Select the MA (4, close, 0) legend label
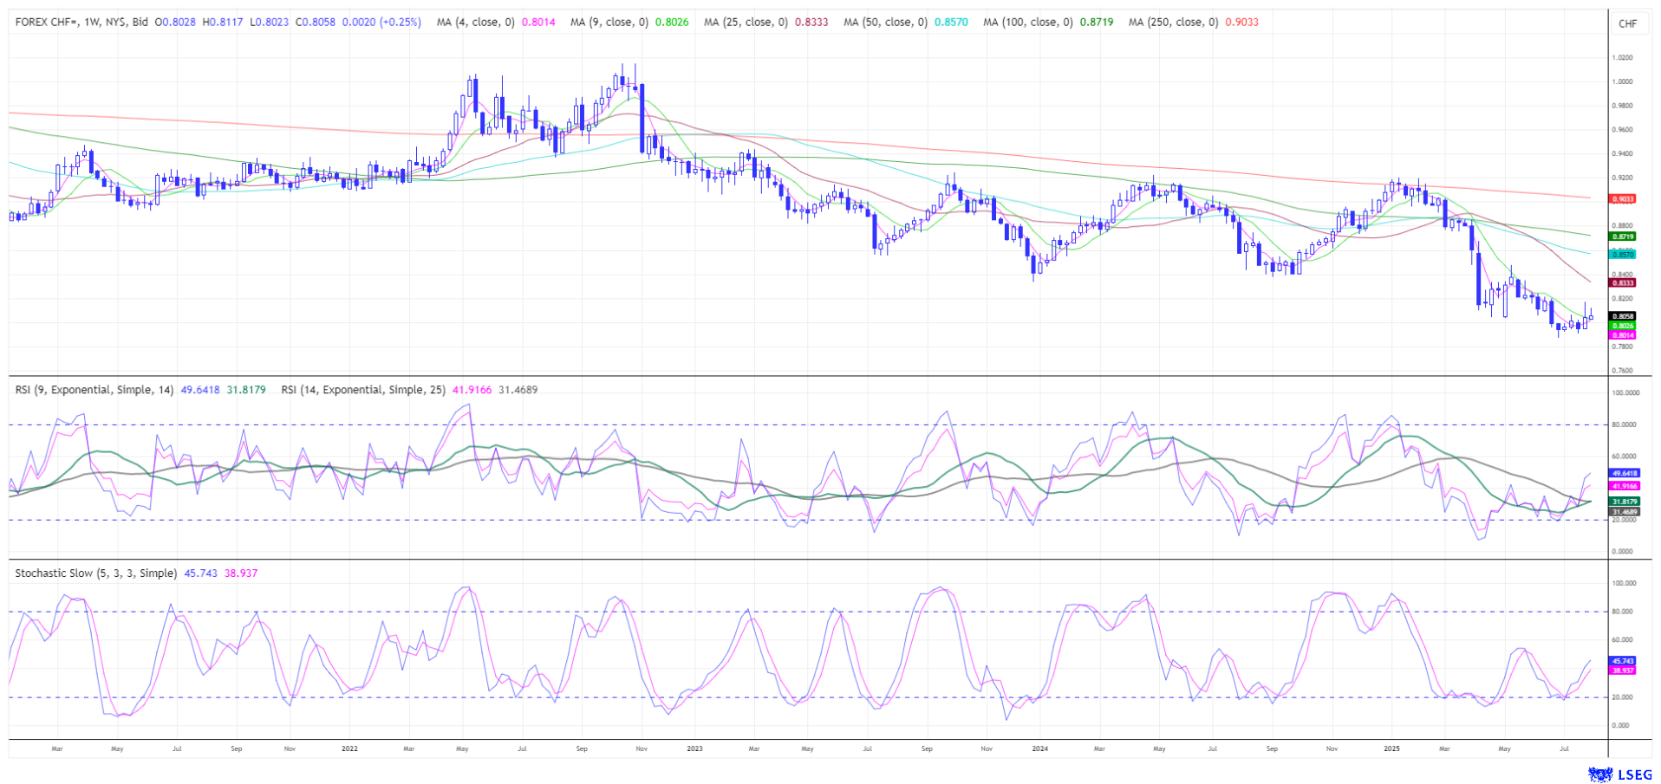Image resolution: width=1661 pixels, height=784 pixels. tap(475, 23)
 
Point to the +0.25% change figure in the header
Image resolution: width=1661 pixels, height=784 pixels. tap(396, 23)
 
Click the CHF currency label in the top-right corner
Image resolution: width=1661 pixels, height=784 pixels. tap(1627, 23)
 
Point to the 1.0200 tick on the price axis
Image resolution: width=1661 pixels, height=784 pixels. tap(1622, 58)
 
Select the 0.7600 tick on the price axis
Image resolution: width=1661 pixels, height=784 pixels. tap(1622, 371)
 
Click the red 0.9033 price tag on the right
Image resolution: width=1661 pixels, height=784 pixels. tap(1623, 199)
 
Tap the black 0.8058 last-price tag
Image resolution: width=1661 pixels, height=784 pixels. tap(1623, 317)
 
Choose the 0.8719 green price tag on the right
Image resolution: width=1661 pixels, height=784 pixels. tap(1623, 236)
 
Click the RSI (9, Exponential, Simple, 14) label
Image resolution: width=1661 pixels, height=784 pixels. tap(94, 390)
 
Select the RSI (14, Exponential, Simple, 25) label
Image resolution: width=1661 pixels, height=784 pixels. tap(363, 390)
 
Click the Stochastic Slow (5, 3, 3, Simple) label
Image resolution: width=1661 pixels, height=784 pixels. tap(96, 573)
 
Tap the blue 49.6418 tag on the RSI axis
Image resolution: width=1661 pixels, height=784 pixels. tap(1624, 474)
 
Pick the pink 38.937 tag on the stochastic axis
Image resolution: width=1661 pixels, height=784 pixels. tap(1623, 671)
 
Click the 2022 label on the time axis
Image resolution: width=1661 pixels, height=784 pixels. tap(349, 748)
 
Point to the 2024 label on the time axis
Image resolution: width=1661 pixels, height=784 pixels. tap(1040, 748)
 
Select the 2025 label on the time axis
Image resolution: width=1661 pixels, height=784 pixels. tap(1391, 748)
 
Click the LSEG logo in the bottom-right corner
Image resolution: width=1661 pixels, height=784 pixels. tap(1619, 774)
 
